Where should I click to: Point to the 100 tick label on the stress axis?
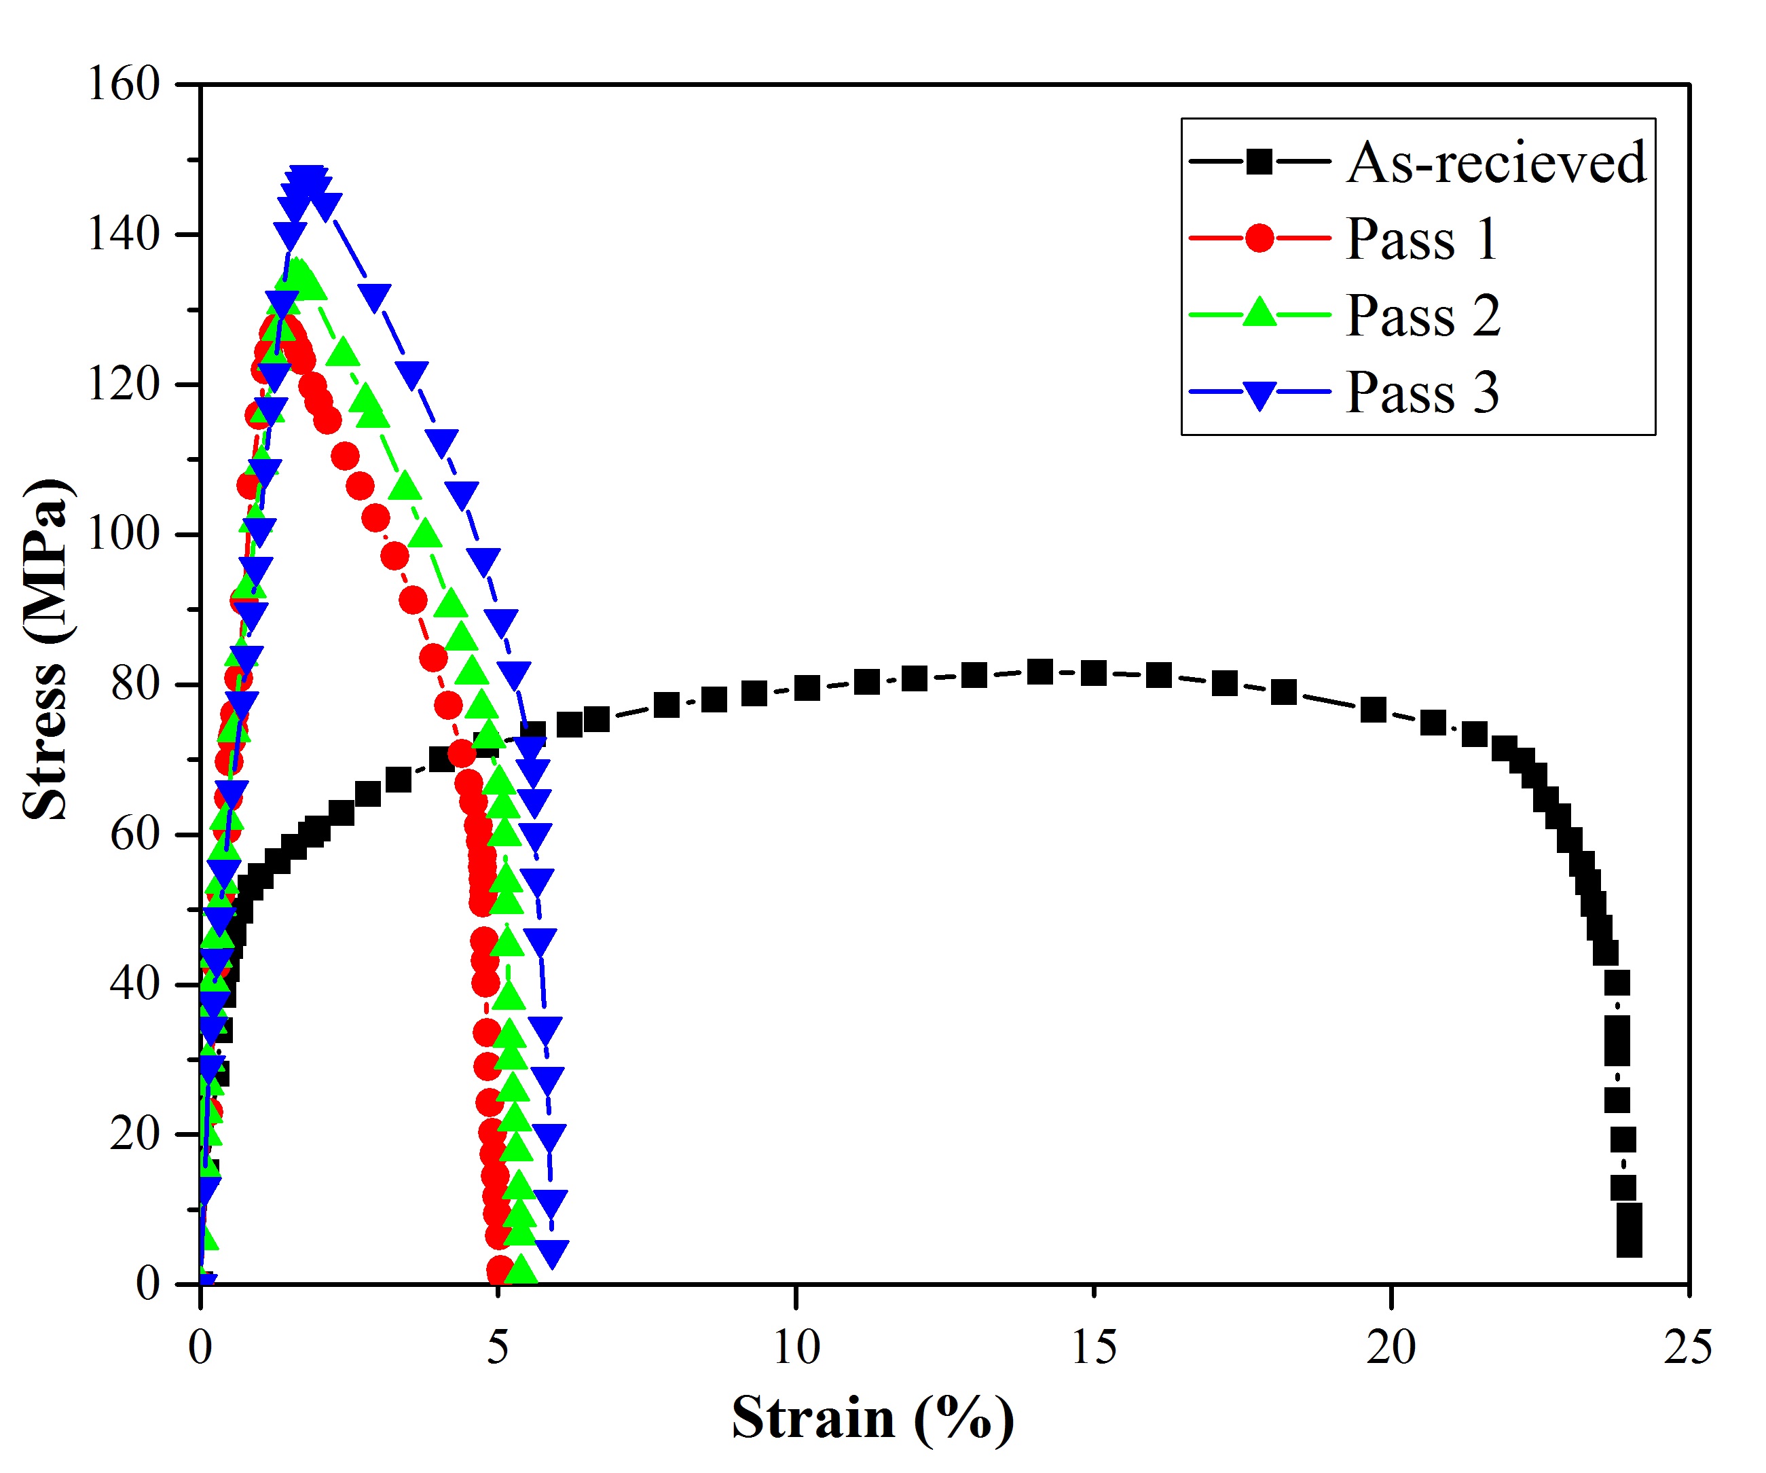tap(124, 534)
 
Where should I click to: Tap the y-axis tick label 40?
tap(134, 983)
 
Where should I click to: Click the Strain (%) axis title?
tap(872, 1418)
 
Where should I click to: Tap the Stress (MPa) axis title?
tap(45, 649)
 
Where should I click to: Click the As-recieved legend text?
tap(1496, 162)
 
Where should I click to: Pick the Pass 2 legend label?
tap(1423, 316)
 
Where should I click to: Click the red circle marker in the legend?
tap(1259, 238)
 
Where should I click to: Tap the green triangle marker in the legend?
tap(1259, 313)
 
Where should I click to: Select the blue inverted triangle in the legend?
tap(1259, 394)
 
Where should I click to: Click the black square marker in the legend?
tap(1259, 162)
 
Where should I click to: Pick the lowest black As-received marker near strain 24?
tap(1629, 1244)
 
